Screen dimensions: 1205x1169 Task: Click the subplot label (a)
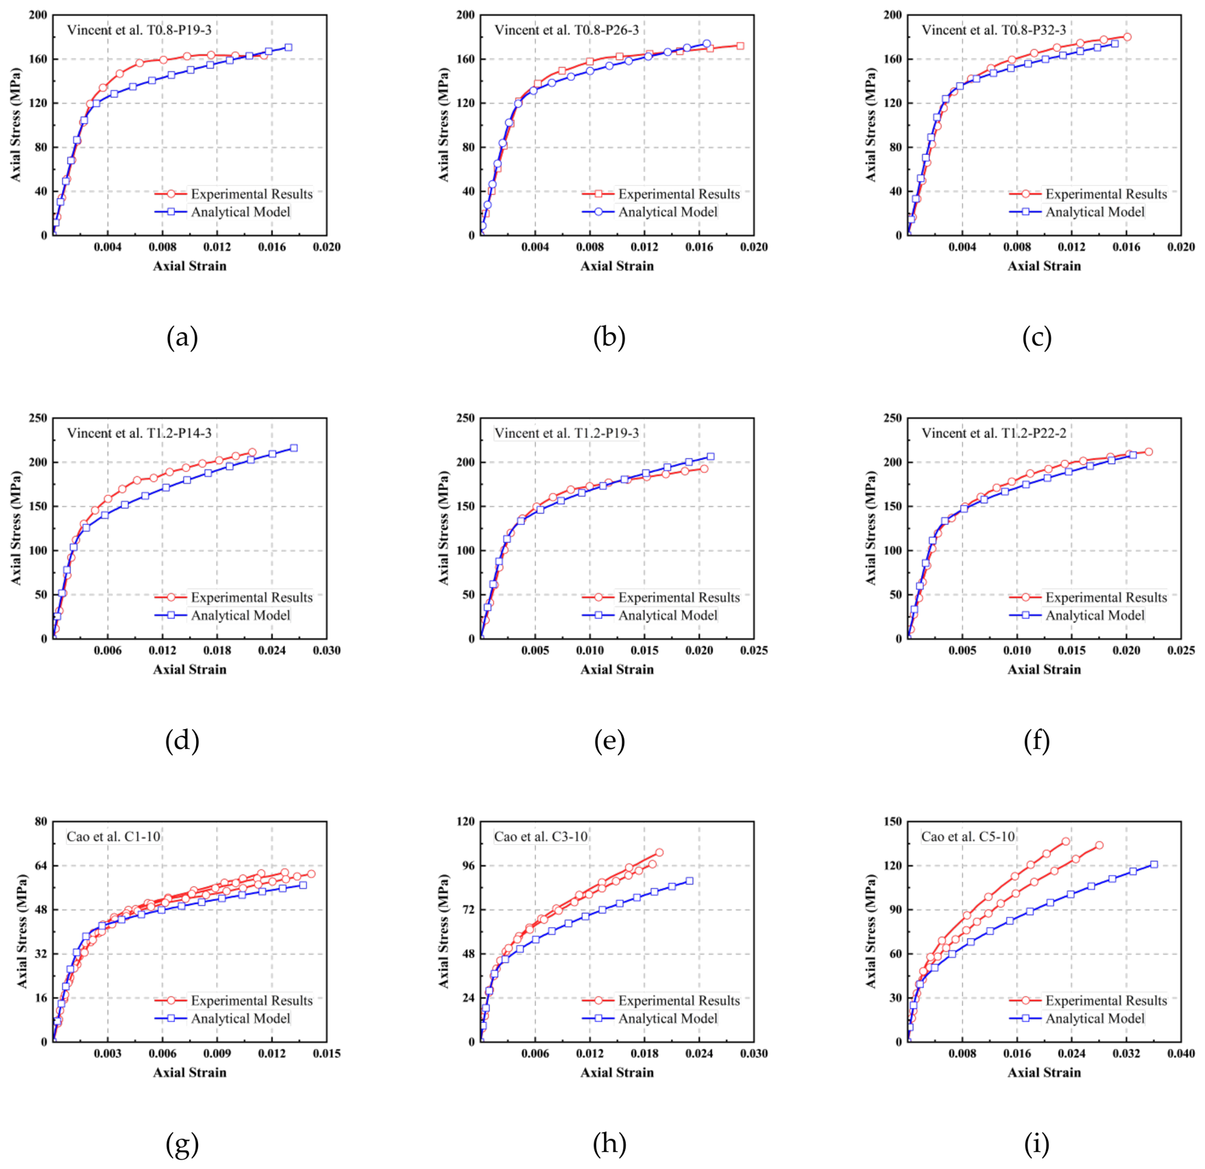click(182, 337)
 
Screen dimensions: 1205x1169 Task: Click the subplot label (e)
click(609, 741)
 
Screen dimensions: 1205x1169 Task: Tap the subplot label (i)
click(1036, 1144)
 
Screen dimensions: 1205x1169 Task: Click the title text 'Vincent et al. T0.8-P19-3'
click(139, 30)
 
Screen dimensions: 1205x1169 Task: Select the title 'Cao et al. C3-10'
click(541, 837)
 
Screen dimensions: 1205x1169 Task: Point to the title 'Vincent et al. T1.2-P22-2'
click(994, 433)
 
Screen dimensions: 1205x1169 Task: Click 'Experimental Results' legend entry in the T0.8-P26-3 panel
click(679, 194)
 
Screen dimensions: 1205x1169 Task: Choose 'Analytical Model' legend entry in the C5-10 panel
click(1095, 1018)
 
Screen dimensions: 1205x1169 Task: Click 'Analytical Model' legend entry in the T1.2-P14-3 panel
click(241, 615)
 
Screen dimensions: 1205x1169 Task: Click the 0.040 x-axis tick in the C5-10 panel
click(1180, 1053)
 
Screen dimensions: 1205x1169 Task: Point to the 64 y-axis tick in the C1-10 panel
click(41, 865)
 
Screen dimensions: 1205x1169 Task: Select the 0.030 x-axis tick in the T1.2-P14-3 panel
click(326, 650)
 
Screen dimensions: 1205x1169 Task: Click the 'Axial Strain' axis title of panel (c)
click(1044, 266)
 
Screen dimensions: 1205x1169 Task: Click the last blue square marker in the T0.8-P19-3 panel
click(288, 47)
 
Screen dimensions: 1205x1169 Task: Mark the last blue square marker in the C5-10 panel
click(1154, 864)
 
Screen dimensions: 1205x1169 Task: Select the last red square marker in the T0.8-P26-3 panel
click(740, 46)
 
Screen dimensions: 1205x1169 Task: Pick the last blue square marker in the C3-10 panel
click(689, 881)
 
